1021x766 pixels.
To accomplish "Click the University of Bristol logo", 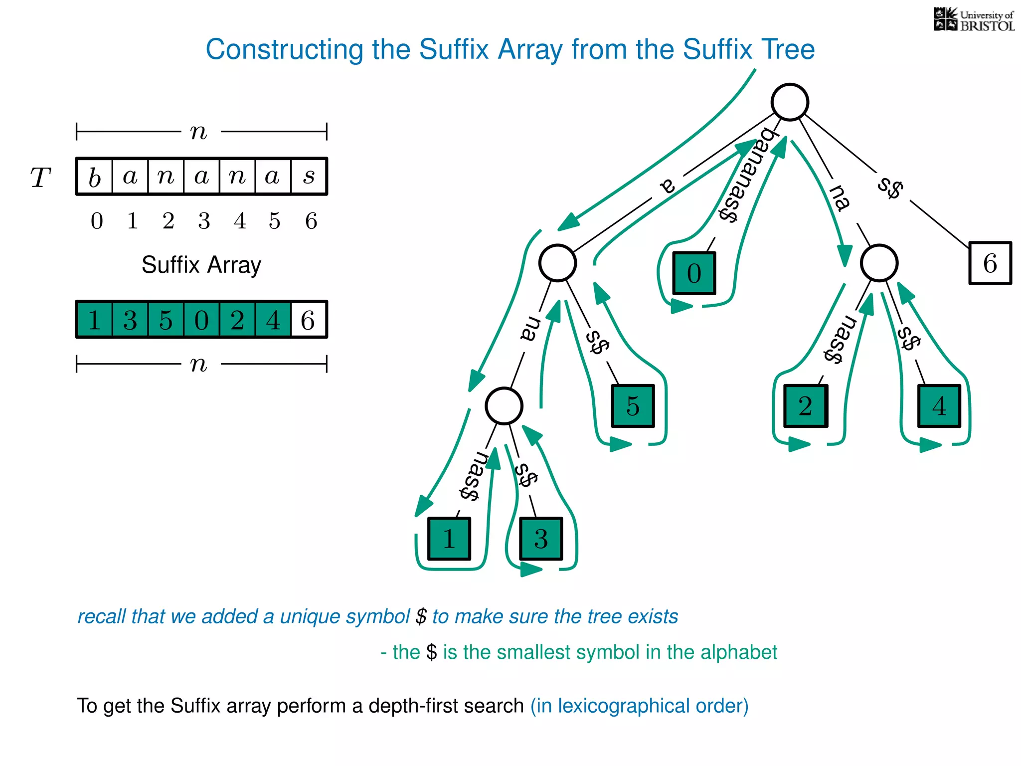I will [x=974, y=20].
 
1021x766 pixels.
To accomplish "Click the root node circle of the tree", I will [x=790, y=102].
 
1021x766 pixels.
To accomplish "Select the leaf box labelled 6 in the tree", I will [x=990, y=263].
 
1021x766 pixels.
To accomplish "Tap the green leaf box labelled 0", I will [x=694, y=273].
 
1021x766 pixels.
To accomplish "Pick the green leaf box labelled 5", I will [x=633, y=405].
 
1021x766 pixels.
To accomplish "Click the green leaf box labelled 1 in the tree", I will [x=449, y=539].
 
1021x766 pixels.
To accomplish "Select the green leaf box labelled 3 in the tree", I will [x=541, y=539].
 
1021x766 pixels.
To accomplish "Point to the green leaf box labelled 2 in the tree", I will [x=805, y=405].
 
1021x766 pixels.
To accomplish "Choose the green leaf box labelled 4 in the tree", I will [x=939, y=405].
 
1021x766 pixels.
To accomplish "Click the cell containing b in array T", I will [x=95, y=177].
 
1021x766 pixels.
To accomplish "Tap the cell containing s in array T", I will [x=309, y=177].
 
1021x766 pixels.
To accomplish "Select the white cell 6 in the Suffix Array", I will [x=309, y=320].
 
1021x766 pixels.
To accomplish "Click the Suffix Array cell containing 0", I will [x=201, y=320].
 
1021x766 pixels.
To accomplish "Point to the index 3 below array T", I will [x=204, y=221].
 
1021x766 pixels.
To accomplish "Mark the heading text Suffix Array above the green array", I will [x=201, y=265].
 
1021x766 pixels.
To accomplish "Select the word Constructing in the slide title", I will [x=284, y=50].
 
